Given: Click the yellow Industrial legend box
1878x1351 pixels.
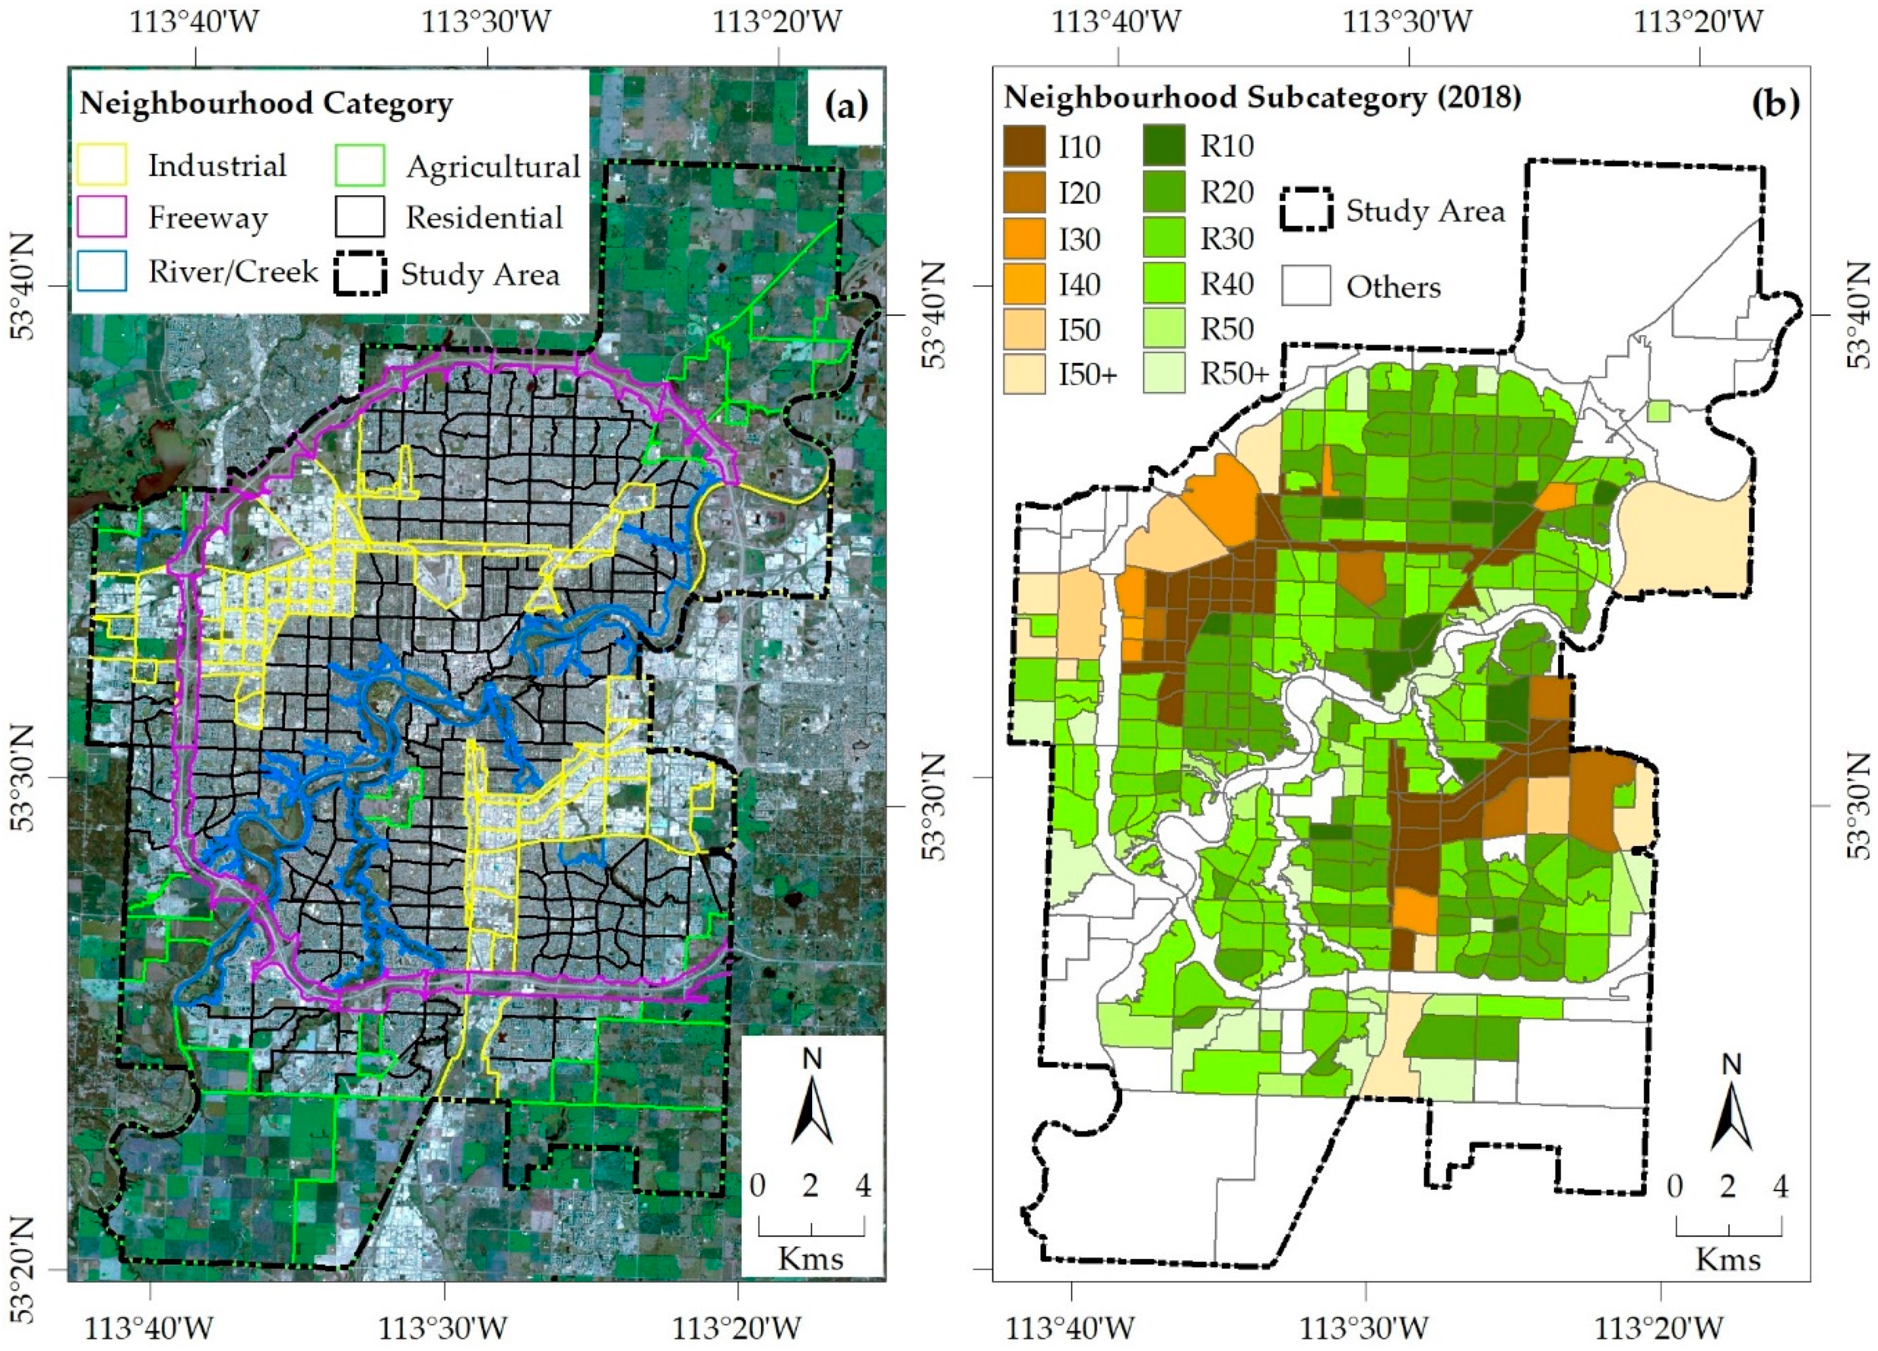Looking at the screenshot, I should [x=102, y=165].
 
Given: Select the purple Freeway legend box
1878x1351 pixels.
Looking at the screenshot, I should [x=102, y=217].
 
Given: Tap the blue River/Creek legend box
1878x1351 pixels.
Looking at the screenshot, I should [x=102, y=270].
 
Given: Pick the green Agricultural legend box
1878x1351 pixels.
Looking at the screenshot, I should [x=360, y=165].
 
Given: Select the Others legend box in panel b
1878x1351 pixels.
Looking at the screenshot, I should [x=1306, y=286].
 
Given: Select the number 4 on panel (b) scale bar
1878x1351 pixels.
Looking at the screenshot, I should [x=1779, y=1186].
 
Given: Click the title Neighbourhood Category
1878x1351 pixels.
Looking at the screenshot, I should [x=266, y=104].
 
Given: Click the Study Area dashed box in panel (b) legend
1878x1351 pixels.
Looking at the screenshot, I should [x=1306, y=210].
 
